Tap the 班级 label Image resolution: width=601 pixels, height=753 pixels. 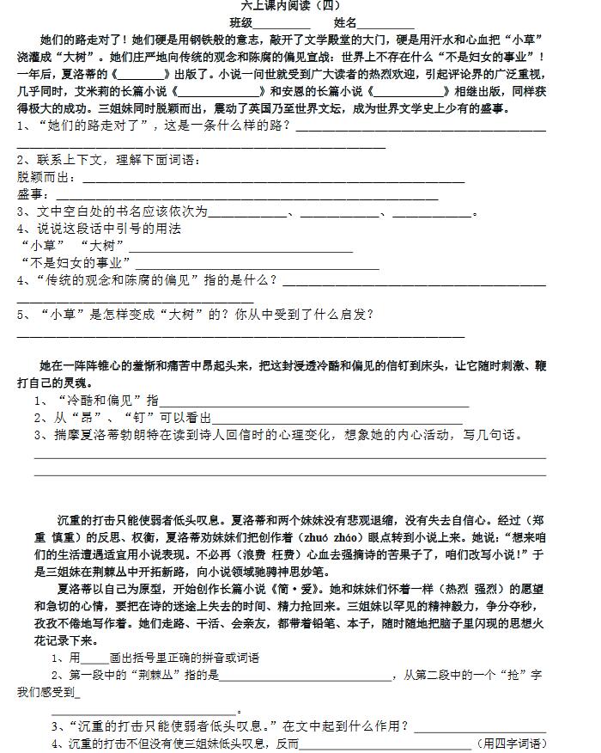pos(241,22)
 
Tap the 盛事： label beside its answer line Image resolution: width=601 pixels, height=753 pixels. pos(34,194)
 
